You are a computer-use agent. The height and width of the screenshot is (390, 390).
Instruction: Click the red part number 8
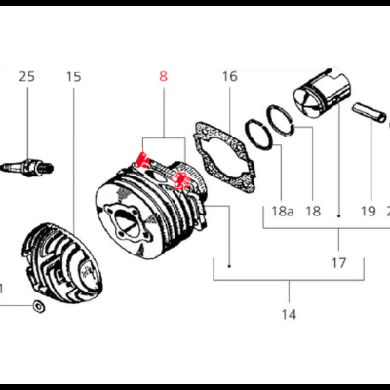(x=164, y=75)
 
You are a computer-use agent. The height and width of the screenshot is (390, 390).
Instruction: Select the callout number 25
(x=26, y=76)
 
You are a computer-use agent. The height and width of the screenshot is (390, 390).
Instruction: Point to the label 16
(x=229, y=76)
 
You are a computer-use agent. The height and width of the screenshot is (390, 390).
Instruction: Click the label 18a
(x=282, y=210)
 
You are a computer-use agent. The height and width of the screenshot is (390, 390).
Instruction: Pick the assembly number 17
(x=338, y=262)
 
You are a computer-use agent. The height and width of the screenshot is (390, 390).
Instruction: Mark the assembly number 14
(x=289, y=314)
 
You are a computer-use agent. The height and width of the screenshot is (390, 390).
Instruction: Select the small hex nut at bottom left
(x=36, y=308)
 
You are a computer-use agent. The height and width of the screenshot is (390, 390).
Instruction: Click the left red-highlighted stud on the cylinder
(x=143, y=159)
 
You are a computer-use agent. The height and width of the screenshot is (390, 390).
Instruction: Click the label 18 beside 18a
(x=313, y=210)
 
